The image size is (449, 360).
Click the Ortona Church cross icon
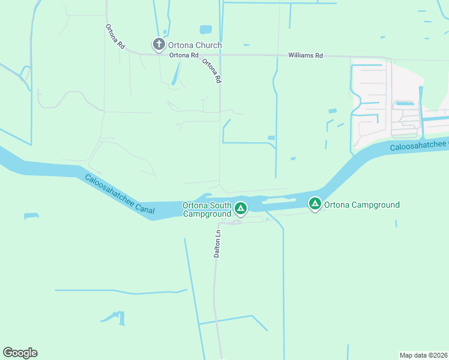tap(158, 44)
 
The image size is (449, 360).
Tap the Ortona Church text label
tap(195, 45)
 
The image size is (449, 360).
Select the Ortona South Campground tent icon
tap(240, 208)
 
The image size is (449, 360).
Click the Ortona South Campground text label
tap(207, 209)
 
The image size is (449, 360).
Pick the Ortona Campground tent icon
tap(315, 205)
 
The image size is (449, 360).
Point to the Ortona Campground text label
tap(362, 205)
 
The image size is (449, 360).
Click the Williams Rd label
tap(306, 55)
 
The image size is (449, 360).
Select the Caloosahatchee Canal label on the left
tap(119, 194)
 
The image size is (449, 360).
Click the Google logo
tap(20, 352)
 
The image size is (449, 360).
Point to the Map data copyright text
tap(423, 355)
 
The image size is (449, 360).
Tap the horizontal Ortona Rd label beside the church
tap(184, 55)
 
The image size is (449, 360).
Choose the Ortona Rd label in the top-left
tap(115, 36)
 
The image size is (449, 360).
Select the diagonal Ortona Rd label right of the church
tap(212, 70)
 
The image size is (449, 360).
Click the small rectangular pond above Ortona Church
tap(206, 29)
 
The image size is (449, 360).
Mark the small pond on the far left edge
tap(30, 215)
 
